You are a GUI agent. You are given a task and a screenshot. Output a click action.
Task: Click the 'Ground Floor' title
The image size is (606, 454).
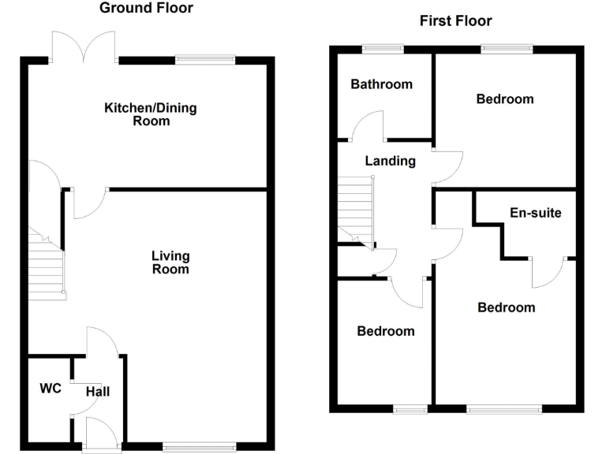[x=146, y=9]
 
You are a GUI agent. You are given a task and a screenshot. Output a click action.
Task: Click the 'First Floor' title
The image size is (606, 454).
[x=455, y=21]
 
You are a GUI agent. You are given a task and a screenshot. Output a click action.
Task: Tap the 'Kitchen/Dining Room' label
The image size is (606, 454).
[x=151, y=113]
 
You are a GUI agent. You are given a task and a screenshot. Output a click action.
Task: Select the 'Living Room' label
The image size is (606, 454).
[x=170, y=262]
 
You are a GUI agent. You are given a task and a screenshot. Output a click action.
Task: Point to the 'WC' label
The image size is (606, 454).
[x=50, y=388]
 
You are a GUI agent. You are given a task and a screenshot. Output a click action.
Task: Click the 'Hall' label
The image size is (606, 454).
[x=99, y=391]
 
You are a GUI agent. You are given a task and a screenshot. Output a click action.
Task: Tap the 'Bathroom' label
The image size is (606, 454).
[x=382, y=84]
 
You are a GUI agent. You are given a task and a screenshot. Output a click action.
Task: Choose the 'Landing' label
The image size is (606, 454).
[x=390, y=161]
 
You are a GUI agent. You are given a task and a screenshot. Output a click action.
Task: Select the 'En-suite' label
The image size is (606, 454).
[x=536, y=212]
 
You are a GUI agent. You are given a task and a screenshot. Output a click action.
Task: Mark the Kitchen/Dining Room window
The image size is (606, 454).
[x=205, y=58]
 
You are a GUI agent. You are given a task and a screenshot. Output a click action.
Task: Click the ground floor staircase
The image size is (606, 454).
[x=46, y=264]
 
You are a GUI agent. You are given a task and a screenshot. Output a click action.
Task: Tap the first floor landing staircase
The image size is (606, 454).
[x=355, y=209]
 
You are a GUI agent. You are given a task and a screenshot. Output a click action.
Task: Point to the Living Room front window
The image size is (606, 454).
[x=199, y=446]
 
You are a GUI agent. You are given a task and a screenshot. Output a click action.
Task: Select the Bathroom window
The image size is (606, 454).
[x=383, y=49]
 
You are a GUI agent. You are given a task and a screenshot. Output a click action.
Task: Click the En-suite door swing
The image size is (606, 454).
[x=548, y=272]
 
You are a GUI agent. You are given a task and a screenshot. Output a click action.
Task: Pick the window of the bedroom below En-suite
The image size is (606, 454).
[x=503, y=408]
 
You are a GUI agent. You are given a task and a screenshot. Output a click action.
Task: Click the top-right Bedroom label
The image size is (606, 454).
[x=504, y=99]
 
